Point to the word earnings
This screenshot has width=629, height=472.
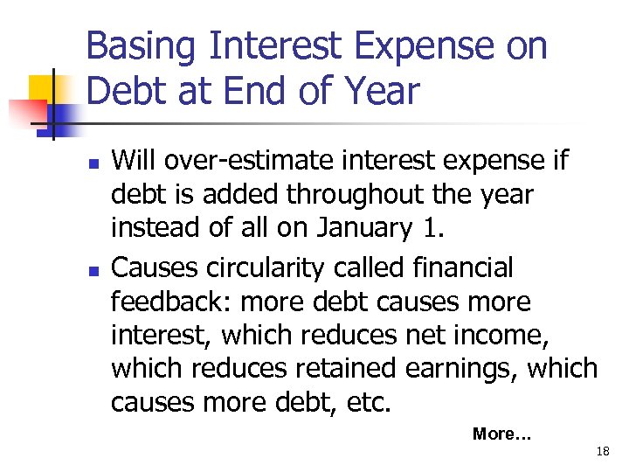click(460, 369)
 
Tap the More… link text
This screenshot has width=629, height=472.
click(501, 434)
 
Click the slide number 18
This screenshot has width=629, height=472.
click(602, 452)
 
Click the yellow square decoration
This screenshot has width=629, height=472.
click(45, 90)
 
